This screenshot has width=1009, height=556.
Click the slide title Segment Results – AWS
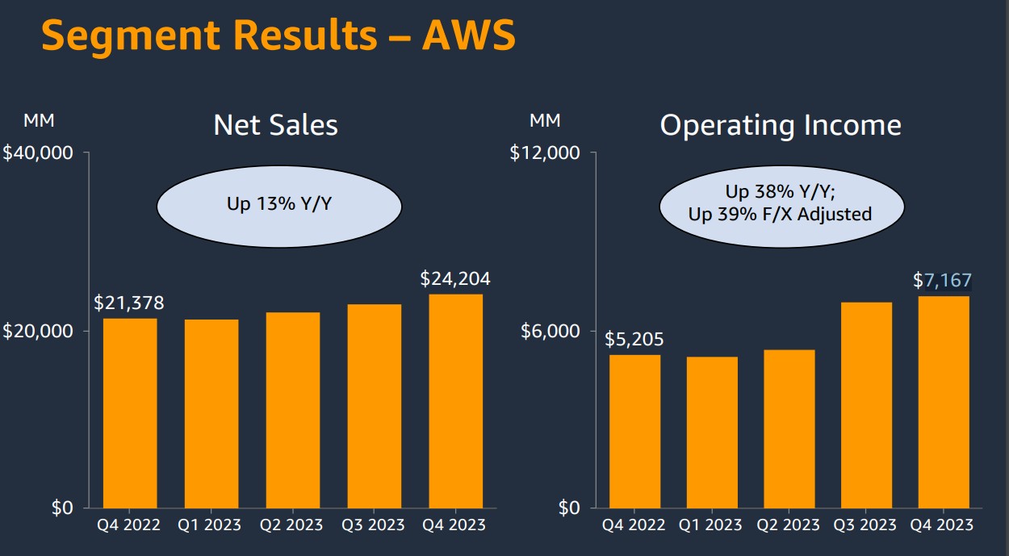[278, 36]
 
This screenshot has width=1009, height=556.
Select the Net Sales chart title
[275, 125]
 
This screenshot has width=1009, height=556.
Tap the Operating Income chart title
[781, 125]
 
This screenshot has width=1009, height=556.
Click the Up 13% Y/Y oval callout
[279, 203]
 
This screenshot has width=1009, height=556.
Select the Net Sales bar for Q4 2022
[130, 412]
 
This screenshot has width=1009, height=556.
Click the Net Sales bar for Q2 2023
[292, 409]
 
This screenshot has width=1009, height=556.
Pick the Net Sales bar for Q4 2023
[455, 400]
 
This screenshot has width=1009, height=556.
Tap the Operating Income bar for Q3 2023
[865, 404]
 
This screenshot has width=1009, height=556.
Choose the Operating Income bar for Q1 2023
[712, 432]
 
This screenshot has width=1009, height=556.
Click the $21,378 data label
[129, 303]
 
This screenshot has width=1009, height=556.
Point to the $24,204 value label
[455, 279]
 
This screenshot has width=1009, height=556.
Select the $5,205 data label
[634, 340]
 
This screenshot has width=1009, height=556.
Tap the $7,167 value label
[943, 281]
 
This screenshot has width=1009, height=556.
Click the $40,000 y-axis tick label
[38, 153]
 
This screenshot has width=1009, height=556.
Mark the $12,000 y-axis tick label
[545, 153]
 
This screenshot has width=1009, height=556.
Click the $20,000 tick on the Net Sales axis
[38, 331]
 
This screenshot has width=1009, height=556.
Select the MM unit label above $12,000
[545, 121]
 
